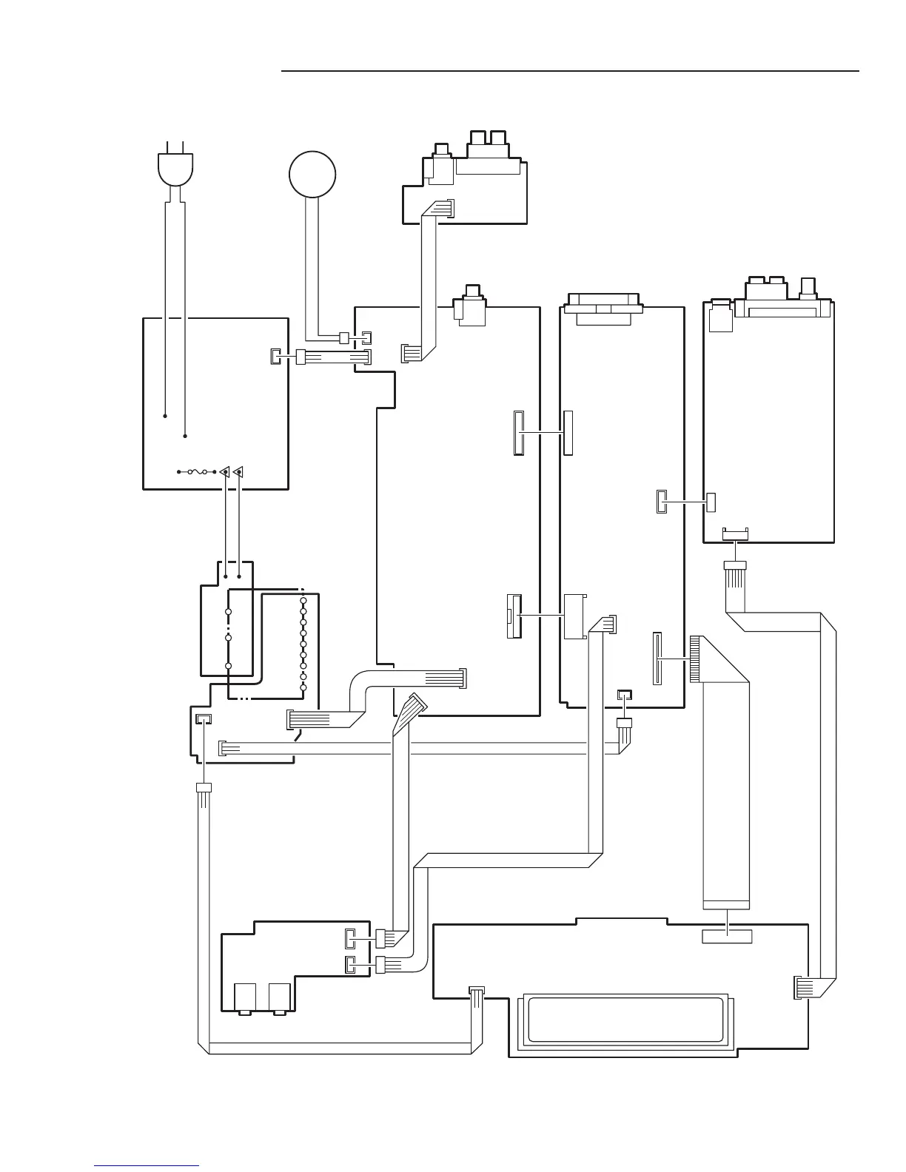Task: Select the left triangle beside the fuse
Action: coord(224,471)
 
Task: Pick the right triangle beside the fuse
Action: coord(238,471)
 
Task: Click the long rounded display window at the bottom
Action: coord(623,1020)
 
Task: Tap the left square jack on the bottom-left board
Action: coord(245,998)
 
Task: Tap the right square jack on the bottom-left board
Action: coord(280,998)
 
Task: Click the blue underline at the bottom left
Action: coord(147,1165)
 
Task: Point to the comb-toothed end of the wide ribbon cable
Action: coord(695,659)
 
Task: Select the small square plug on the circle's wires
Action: coord(343,339)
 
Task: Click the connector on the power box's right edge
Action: coord(275,357)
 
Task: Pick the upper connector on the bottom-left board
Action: coord(350,939)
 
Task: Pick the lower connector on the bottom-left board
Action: coord(350,965)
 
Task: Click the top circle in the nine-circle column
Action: coord(303,602)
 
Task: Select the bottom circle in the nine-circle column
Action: coord(303,688)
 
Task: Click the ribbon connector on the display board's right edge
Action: coord(801,988)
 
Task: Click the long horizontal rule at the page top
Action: coord(570,72)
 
